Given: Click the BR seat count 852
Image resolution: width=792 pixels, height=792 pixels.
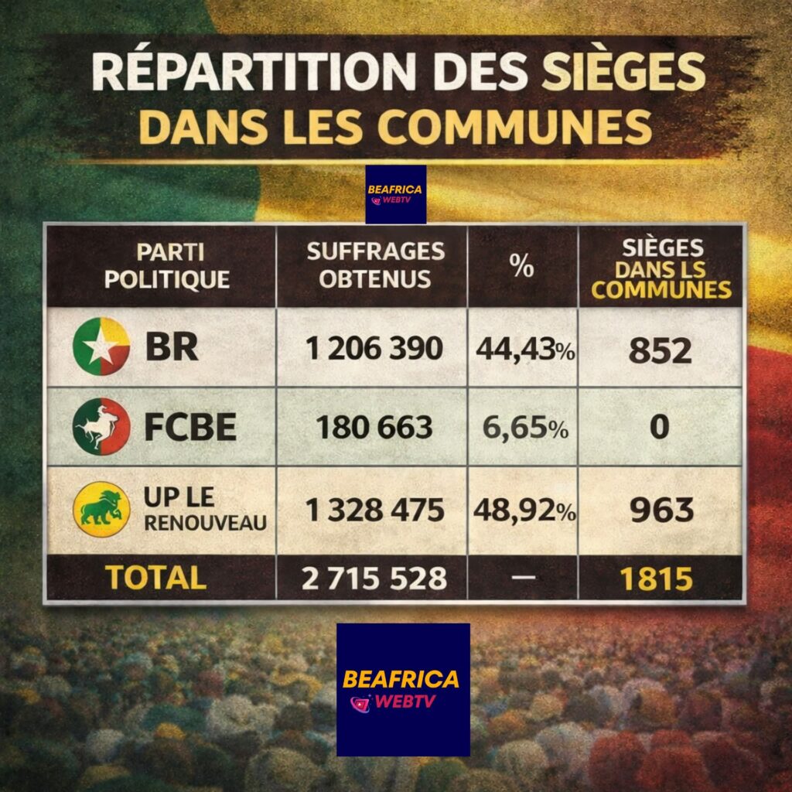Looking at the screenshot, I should pyautogui.click(x=660, y=350).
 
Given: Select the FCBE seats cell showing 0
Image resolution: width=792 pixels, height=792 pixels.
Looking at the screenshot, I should pyautogui.click(x=659, y=427).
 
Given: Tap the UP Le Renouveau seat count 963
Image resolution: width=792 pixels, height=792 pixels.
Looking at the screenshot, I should pyautogui.click(x=661, y=510).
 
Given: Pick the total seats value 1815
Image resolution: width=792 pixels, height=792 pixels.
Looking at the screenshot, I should pyautogui.click(x=661, y=579).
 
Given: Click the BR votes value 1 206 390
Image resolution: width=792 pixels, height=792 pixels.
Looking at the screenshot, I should pyautogui.click(x=374, y=349).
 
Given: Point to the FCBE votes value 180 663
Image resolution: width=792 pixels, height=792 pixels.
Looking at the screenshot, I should pyautogui.click(x=374, y=428).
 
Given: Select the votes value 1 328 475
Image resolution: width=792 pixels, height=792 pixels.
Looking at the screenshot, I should pyautogui.click(x=374, y=510).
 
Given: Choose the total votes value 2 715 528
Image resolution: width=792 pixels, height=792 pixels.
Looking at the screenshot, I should pyautogui.click(x=374, y=579).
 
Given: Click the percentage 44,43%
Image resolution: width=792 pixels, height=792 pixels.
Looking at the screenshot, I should pyautogui.click(x=524, y=350).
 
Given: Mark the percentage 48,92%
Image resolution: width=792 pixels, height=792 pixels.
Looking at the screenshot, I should pyautogui.click(x=524, y=510).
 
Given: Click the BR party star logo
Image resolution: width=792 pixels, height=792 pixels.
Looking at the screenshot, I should pyautogui.click(x=101, y=346).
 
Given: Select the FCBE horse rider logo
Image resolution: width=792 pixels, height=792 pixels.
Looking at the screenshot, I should pyautogui.click(x=101, y=426).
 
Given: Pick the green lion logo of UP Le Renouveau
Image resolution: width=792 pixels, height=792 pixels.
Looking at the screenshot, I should pyautogui.click(x=101, y=509).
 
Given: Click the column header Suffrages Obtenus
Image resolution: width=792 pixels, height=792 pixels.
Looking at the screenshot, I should pyautogui.click(x=375, y=265).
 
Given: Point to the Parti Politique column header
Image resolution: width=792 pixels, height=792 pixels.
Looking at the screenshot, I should pyautogui.click(x=167, y=265).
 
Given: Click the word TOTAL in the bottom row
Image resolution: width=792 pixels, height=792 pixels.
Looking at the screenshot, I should pyautogui.click(x=155, y=578).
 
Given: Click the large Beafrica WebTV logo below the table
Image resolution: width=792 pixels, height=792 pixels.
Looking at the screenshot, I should pyautogui.click(x=403, y=689).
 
